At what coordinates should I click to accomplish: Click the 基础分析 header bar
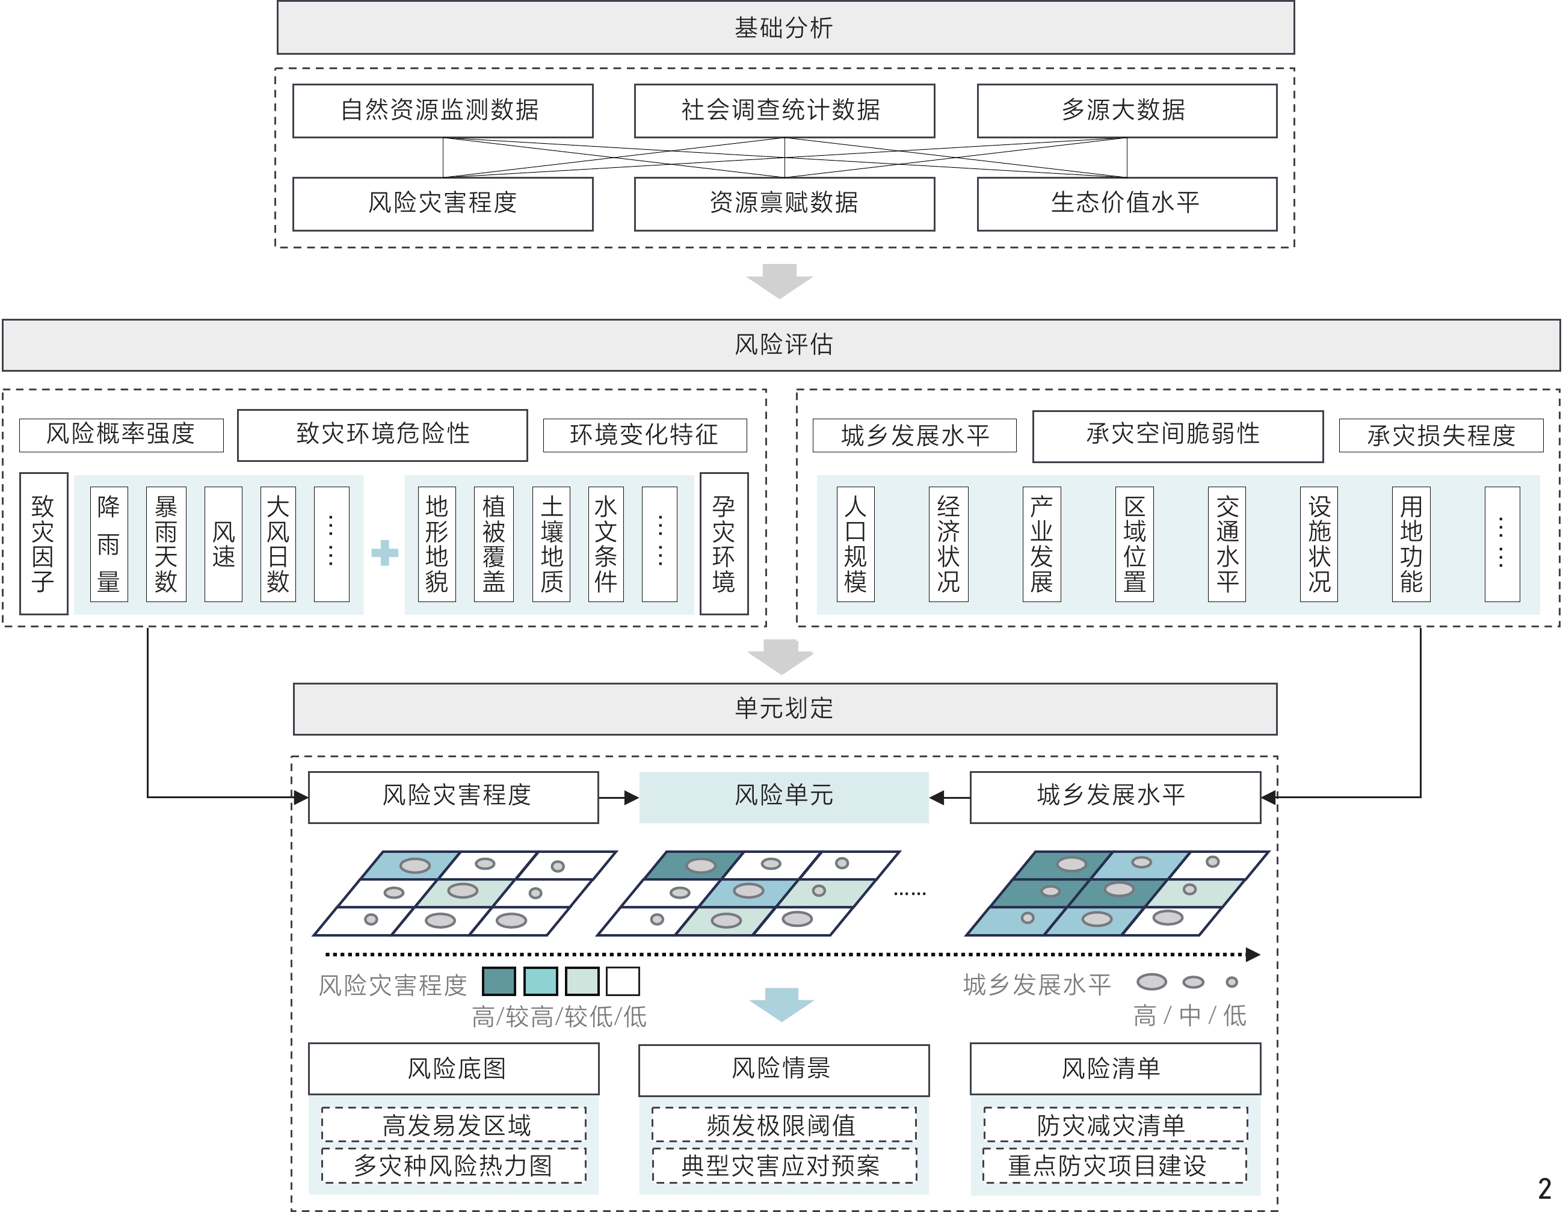click(785, 28)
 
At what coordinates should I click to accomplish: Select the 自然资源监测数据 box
click(442, 110)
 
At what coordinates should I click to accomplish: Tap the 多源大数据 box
click(1126, 110)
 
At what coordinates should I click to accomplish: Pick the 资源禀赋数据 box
click(785, 203)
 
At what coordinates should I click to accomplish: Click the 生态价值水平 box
click(1126, 203)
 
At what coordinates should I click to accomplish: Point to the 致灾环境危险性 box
click(382, 434)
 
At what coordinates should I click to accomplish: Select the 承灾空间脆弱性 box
click(1177, 435)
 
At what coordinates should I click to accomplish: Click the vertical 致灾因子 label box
click(44, 543)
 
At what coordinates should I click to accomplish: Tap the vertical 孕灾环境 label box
click(724, 543)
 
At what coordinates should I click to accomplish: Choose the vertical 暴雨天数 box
click(166, 544)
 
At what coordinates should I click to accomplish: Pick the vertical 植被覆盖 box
click(494, 544)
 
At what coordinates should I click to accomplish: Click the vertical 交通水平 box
click(1227, 544)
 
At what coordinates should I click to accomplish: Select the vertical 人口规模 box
click(855, 544)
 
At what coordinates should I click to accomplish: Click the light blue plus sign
click(384, 552)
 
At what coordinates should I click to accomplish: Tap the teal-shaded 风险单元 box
click(784, 796)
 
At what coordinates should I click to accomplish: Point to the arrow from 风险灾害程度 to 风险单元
click(618, 797)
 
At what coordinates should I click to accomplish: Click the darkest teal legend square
click(499, 981)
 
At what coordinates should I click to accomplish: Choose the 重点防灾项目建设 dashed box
click(1114, 1166)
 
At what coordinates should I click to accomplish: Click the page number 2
click(1544, 1189)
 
